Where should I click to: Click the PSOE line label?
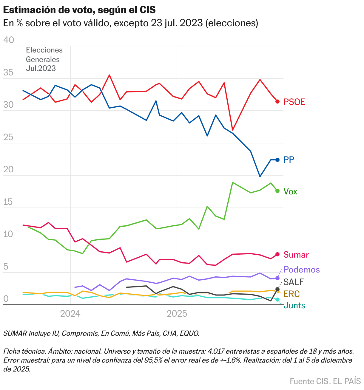pos(294,102)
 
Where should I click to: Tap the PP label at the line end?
pos(289,160)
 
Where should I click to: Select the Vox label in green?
pos(290,191)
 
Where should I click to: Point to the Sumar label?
pos(296,255)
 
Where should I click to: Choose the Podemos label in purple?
pos(301,270)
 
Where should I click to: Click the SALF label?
pos(293,282)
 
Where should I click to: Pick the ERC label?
pos(291,294)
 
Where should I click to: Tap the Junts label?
pos(294,305)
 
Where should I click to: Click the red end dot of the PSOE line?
pos(277,102)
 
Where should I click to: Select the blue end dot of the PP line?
pos(277,160)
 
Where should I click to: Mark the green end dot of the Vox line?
pos(277,191)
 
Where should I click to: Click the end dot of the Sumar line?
pos(277,254)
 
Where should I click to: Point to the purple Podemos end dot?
pos(277,278)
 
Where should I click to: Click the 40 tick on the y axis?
pos(9,40)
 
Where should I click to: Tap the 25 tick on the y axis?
pos(9,137)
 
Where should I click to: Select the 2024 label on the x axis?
pos(70,314)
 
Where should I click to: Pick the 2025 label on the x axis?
pos(177,314)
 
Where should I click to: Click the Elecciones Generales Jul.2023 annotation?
pos(44,59)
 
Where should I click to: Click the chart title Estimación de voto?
pos(79,10)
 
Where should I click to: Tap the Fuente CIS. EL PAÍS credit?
pos(325,381)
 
